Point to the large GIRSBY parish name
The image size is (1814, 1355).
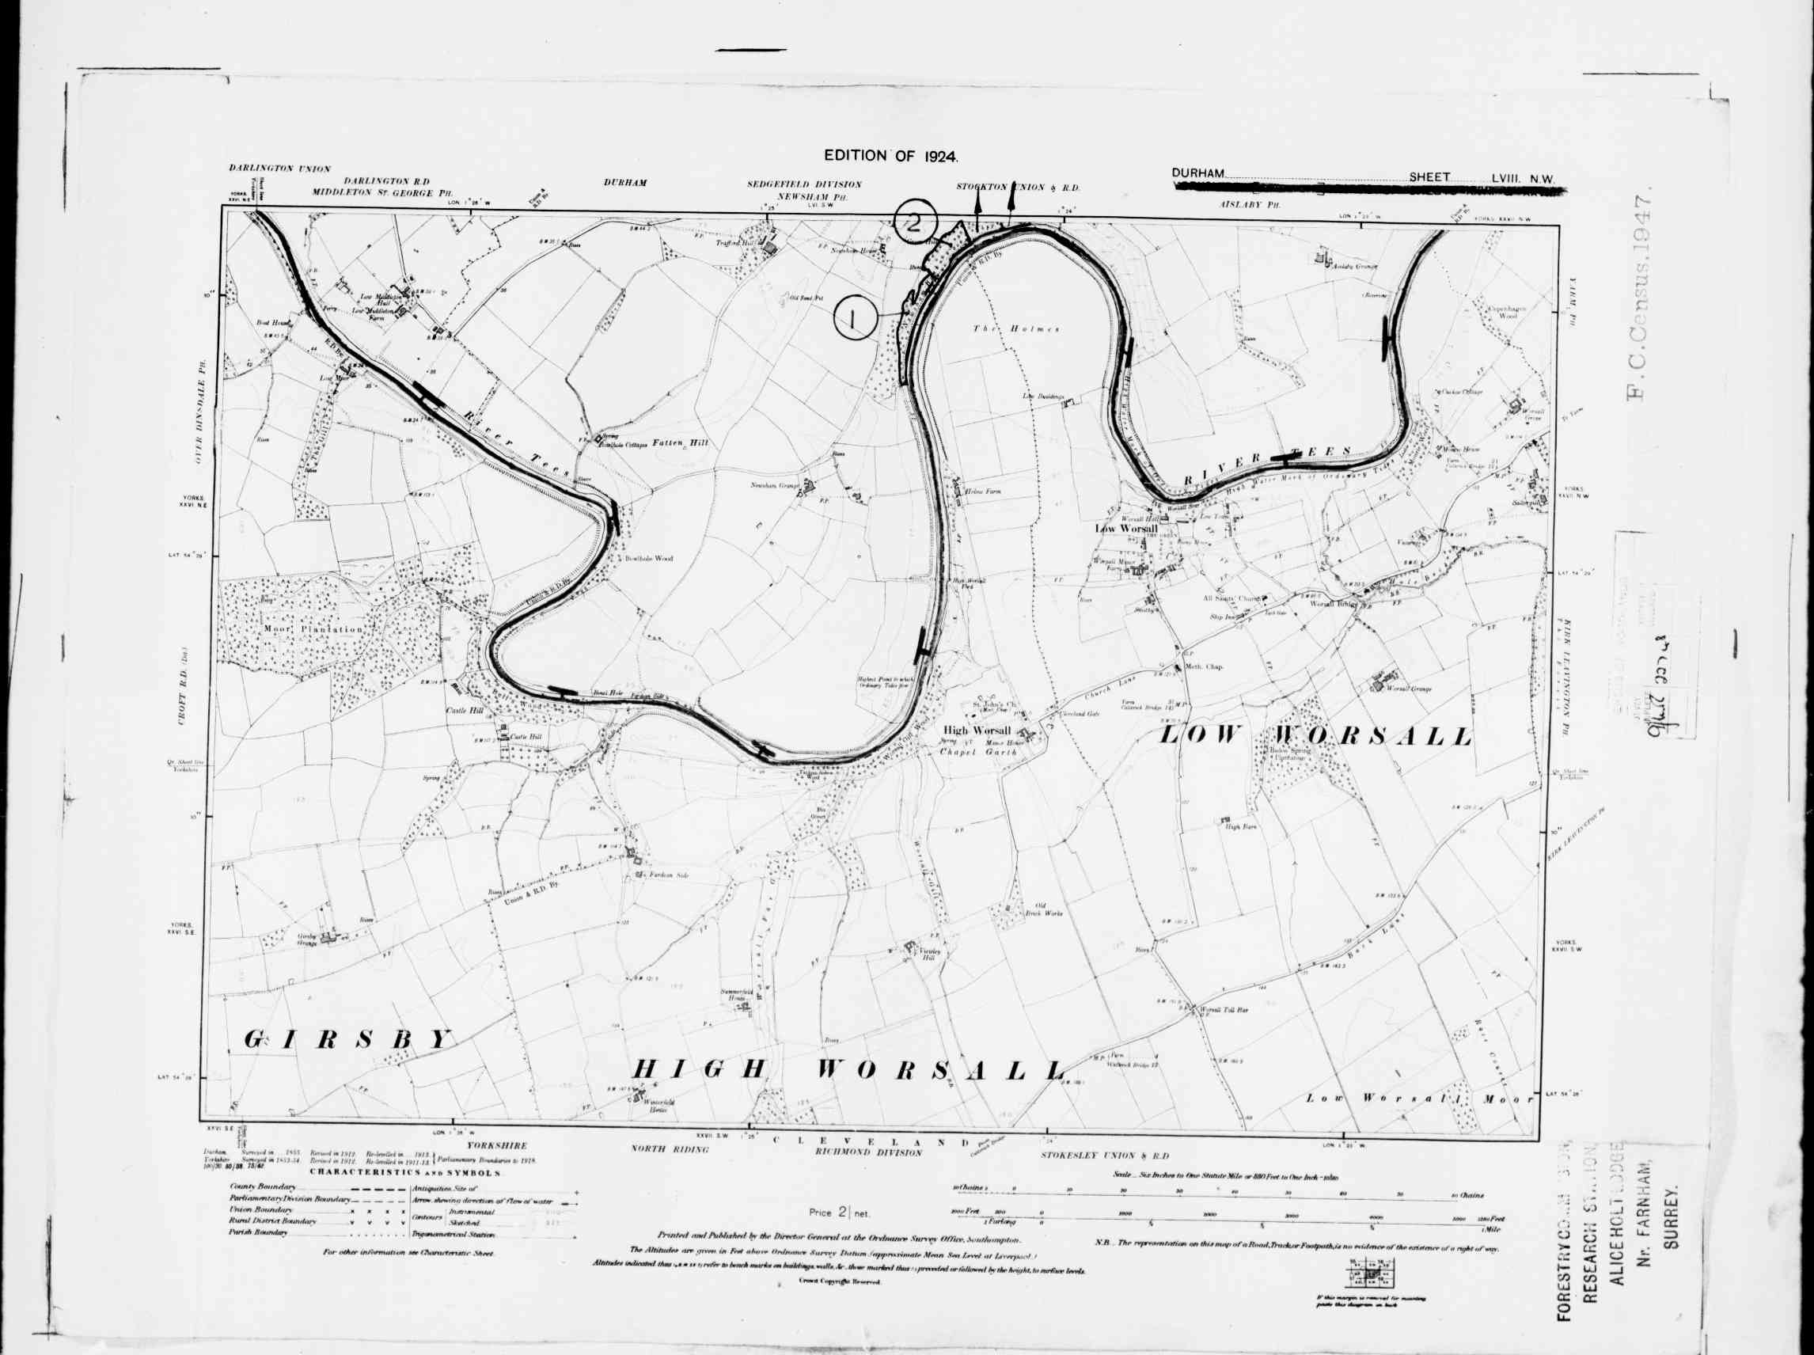pos(348,1039)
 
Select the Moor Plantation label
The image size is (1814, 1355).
pos(313,629)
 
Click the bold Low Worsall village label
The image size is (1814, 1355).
pos(1126,529)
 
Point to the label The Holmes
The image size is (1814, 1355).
pos(1016,329)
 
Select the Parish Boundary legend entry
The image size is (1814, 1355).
pos(260,1234)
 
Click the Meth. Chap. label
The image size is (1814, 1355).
pos(1204,667)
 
